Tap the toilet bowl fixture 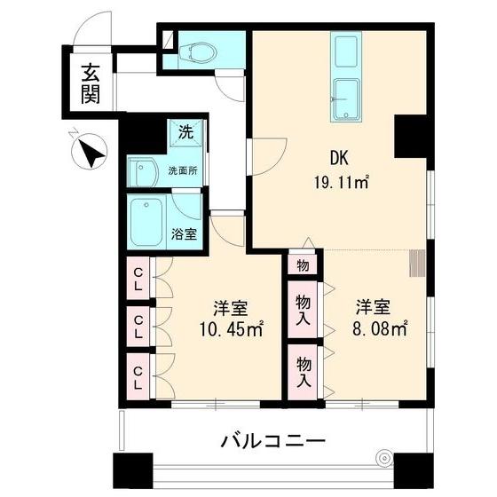[196, 52]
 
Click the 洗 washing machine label [185, 133]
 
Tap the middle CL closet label [140, 327]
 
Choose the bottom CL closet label [140, 375]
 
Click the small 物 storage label [303, 264]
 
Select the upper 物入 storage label [303, 305]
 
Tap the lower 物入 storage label [303, 371]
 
